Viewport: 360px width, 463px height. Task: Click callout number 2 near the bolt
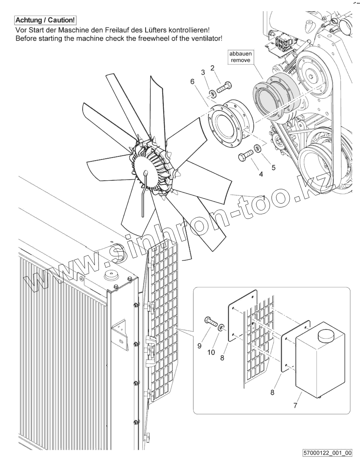(212, 68)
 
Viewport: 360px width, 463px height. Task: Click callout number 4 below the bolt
(261, 174)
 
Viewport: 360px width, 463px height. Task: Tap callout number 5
(274, 168)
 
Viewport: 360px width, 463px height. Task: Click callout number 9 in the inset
(199, 346)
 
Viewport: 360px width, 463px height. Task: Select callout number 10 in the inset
(211, 352)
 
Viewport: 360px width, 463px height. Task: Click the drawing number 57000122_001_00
(328, 452)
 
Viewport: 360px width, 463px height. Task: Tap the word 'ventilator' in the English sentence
(205, 39)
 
